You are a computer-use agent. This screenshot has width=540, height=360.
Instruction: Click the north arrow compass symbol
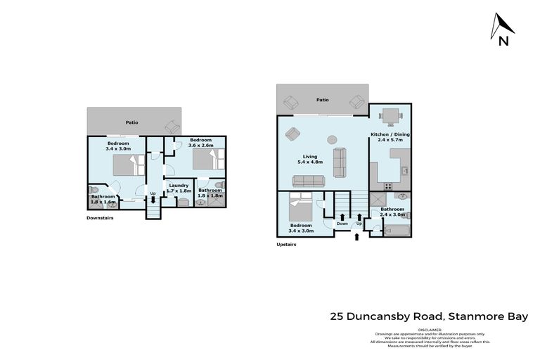point(503,30)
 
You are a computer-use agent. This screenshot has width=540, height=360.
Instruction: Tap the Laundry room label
point(179,186)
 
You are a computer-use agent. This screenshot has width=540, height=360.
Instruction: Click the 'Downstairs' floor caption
point(99,218)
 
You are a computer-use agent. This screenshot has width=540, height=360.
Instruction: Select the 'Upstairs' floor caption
point(286,245)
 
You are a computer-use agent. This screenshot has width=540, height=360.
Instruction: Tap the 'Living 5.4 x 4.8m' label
point(309,160)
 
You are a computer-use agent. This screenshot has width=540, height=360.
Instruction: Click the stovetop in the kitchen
point(387,186)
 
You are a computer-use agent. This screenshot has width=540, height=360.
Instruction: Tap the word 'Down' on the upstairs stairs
point(342,224)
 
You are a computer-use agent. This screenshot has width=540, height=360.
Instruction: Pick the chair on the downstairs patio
point(172,127)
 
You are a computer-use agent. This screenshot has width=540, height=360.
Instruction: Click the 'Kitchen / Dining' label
point(390,134)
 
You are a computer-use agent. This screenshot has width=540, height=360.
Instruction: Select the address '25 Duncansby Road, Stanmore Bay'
point(429,316)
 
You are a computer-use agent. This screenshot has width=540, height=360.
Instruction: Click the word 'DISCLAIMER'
point(430,329)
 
